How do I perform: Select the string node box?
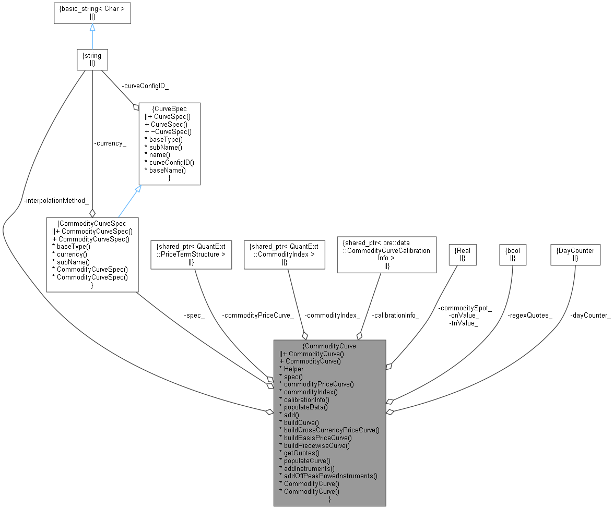[x=92, y=59]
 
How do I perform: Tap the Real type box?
[x=463, y=254]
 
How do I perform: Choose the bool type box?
[x=513, y=254]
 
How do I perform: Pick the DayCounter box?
[x=575, y=254]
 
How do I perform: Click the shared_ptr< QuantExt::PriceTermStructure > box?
[x=191, y=254]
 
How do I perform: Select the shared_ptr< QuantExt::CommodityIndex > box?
[x=285, y=254]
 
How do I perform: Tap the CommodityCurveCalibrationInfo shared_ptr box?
[x=386, y=254]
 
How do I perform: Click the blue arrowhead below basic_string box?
[x=92, y=27]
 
